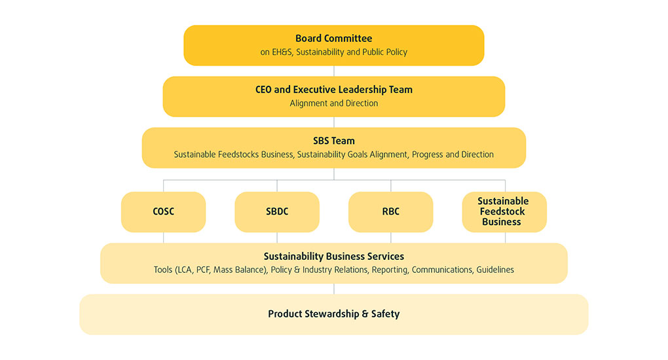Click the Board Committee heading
point(333,39)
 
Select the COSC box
point(163,211)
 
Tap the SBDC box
point(277,211)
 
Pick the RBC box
point(390,211)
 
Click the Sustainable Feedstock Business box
point(504,211)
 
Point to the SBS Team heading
point(333,141)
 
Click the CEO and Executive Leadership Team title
point(333,90)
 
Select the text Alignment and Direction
point(333,103)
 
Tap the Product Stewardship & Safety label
point(333,314)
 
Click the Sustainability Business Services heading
point(333,256)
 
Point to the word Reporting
point(389,270)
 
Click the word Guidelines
point(495,270)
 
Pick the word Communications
point(441,270)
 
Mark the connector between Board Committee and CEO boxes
point(334,71)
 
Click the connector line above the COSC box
point(164,185)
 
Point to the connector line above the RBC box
point(391,185)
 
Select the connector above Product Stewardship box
point(334,289)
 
